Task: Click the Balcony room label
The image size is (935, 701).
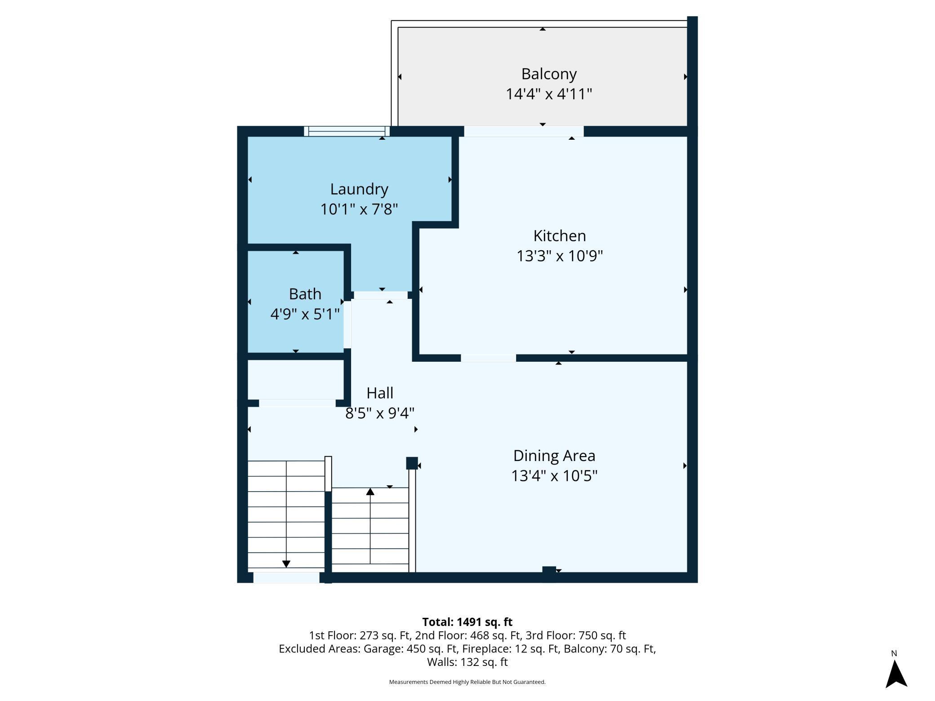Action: pyautogui.click(x=549, y=74)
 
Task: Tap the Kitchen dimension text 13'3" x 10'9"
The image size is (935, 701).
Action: pyautogui.click(x=560, y=256)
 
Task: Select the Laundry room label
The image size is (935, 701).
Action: pyautogui.click(x=359, y=189)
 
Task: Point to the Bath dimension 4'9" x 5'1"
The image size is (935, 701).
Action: pyautogui.click(x=305, y=314)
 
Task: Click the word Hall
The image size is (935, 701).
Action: pyautogui.click(x=380, y=393)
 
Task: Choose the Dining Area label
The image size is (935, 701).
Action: pyautogui.click(x=554, y=456)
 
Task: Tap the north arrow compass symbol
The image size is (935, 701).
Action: pyautogui.click(x=896, y=673)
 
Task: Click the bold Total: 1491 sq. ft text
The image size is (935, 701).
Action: pyautogui.click(x=467, y=622)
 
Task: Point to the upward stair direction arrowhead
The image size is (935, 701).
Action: pyautogui.click(x=370, y=492)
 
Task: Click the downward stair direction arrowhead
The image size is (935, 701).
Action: pyautogui.click(x=286, y=564)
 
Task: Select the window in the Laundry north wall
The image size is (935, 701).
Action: pyautogui.click(x=347, y=131)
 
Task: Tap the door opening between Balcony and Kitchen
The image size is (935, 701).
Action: pyautogui.click(x=524, y=131)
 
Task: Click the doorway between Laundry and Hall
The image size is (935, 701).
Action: pyautogui.click(x=381, y=295)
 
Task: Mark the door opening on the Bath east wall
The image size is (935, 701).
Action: pyautogui.click(x=347, y=324)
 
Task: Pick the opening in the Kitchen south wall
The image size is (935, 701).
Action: pyautogui.click(x=488, y=358)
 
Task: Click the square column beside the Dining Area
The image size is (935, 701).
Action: pyautogui.click(x=412, y=463)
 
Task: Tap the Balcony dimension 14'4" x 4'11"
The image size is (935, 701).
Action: pyautogui.click(x=549, y=94)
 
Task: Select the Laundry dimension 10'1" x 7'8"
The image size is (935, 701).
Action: pyautogui.click(x=359, y=209)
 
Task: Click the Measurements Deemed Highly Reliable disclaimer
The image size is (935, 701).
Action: pyautogui.click(x=467, y=682)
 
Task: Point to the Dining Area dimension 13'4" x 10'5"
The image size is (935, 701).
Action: pyautogui.click(x=554, y=476)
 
